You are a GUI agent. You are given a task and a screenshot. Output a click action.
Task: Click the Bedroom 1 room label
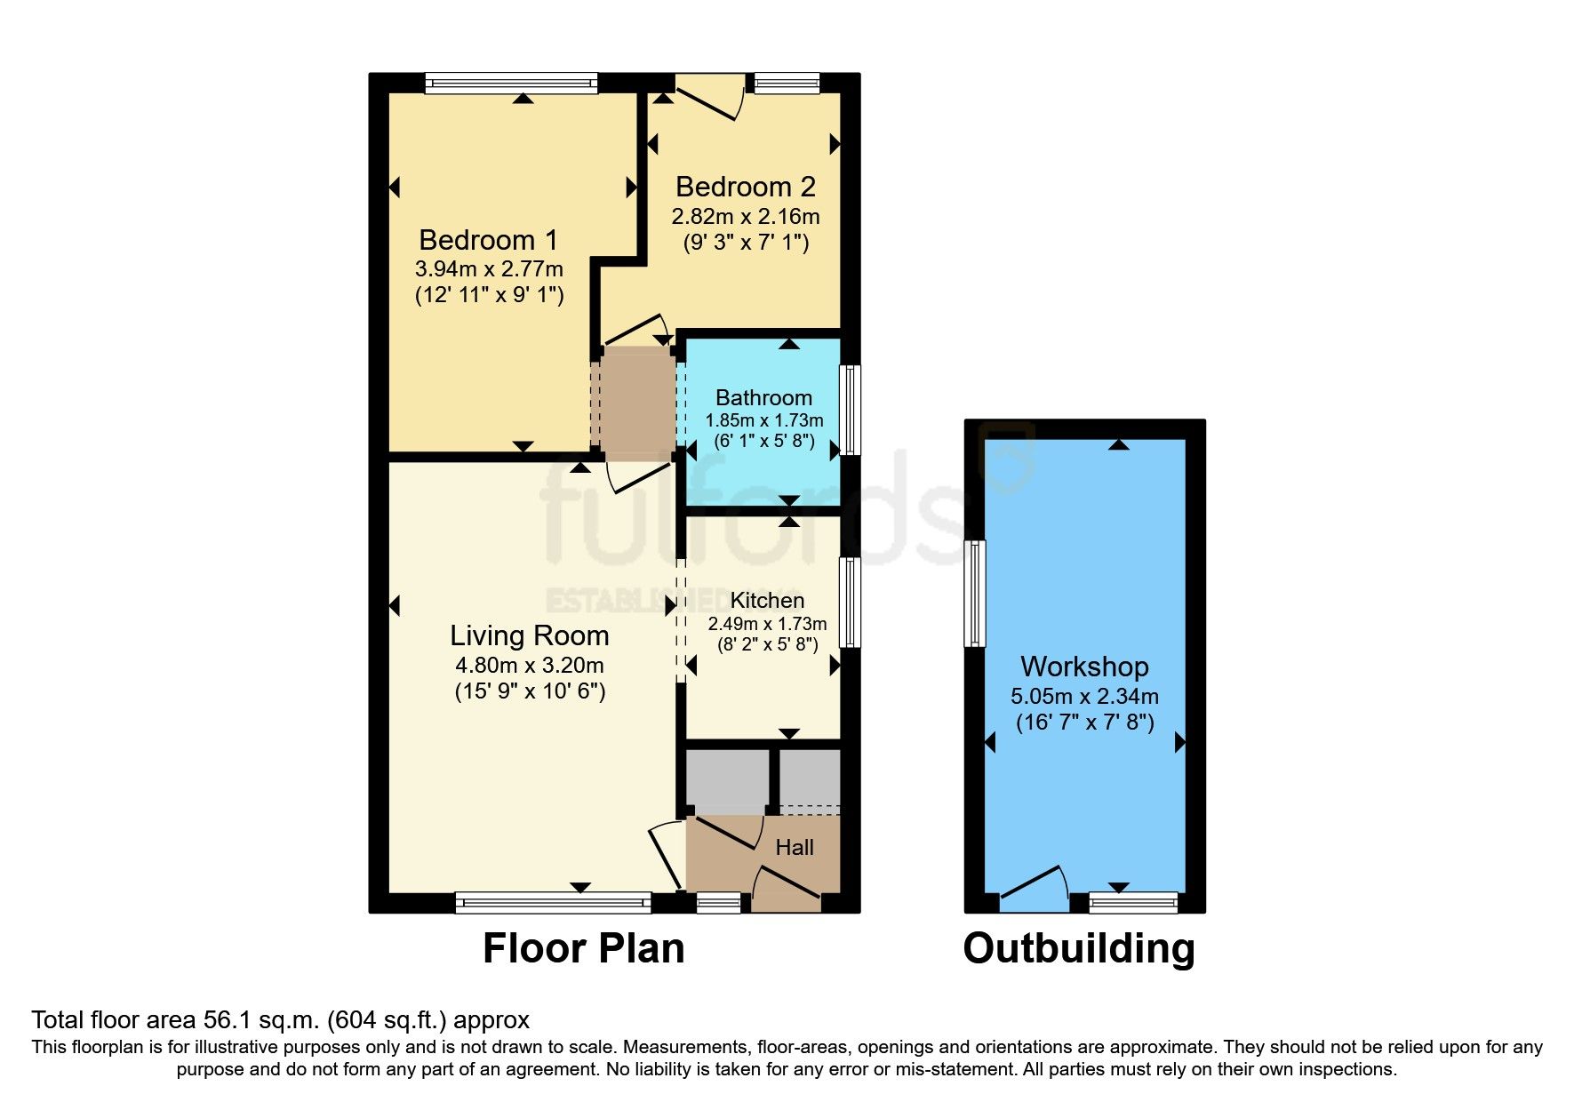[x=488, y=240]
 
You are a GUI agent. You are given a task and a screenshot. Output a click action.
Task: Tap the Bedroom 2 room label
[x=746, y=187]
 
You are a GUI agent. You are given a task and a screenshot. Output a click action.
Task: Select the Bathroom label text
[x=763, y=398]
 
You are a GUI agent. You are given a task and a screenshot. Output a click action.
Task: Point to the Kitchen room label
[x=767, y=601]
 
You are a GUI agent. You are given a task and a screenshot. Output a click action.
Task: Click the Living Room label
[x=530, y=636]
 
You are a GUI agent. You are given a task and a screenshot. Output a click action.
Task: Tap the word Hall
[x=795, y=848]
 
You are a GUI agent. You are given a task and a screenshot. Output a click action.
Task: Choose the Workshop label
[x=1084, y=667]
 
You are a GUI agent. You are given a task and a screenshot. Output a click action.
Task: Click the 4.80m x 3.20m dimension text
[x=530, y=665]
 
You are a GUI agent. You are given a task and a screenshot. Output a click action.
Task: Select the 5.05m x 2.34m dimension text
[x=1084, y=697]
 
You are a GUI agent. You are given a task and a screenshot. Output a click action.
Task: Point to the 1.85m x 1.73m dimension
[x=764, y=420]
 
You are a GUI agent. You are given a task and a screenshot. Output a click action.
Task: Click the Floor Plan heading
[x=583, y=948]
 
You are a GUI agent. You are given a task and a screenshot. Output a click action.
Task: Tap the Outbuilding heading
[x=1079, y=949]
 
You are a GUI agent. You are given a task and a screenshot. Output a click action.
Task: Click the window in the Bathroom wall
[x=851, y=410]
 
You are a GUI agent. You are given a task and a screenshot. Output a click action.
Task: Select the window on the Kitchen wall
[x=851, y=603]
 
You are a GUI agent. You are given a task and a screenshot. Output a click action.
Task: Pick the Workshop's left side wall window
[x=975, y=593]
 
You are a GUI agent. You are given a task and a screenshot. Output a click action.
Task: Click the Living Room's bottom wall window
[x=553, y=903]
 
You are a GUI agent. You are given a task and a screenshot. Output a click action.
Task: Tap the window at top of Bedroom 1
[x=511, y=84]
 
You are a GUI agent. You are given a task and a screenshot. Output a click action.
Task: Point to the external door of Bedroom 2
[x=709, y=96]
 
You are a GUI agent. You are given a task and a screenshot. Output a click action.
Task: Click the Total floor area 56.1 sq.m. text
[x=280, y=1020]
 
